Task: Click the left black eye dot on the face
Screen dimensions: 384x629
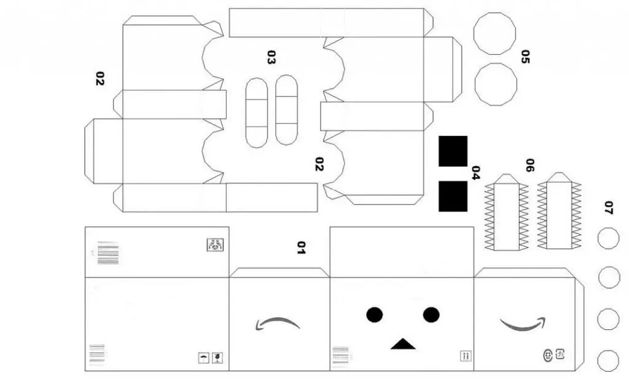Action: click(x=375, y=315)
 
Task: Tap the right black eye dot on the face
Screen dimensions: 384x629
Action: click(x=431, y=315)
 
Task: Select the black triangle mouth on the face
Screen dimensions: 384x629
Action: click(x=402, y=344)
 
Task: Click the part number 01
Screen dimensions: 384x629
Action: click(x=301, y=247)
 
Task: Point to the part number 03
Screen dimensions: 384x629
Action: click(x=271, y=57)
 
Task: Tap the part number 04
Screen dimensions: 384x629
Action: click(x=475, y=173)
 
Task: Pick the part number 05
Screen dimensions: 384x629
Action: click(x=524, y=57)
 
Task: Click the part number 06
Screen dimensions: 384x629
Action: click(x=529, y=165)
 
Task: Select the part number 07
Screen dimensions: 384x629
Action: click(x=608, y=208)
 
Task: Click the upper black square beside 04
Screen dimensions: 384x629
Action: click(x=453, y=151)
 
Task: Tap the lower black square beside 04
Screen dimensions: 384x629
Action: click(x=453, y=196)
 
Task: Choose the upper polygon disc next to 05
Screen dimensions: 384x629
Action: click(x=495, y=33)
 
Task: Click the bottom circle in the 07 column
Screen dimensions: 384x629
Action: click(x=608, y=360)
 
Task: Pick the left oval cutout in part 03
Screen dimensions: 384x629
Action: click(x=257, y=113)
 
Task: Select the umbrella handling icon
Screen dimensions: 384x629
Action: click(x=203, y=357)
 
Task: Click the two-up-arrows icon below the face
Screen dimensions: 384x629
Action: click(x=465, y=356)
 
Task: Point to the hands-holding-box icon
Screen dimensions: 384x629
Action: click(x=215, y=245)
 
